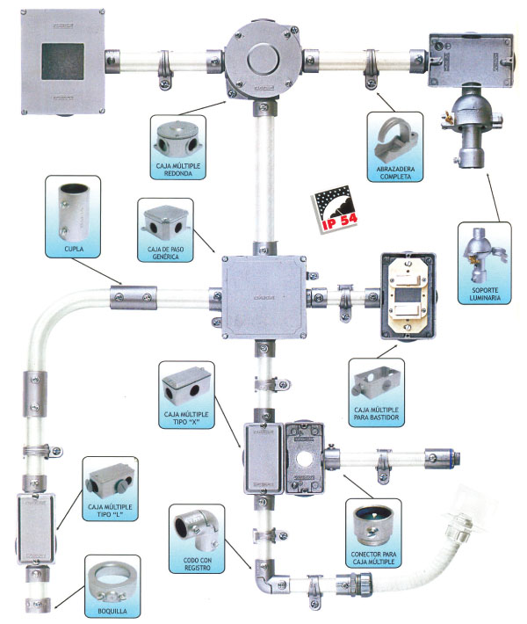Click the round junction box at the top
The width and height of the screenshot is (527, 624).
(x=263, y=61)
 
